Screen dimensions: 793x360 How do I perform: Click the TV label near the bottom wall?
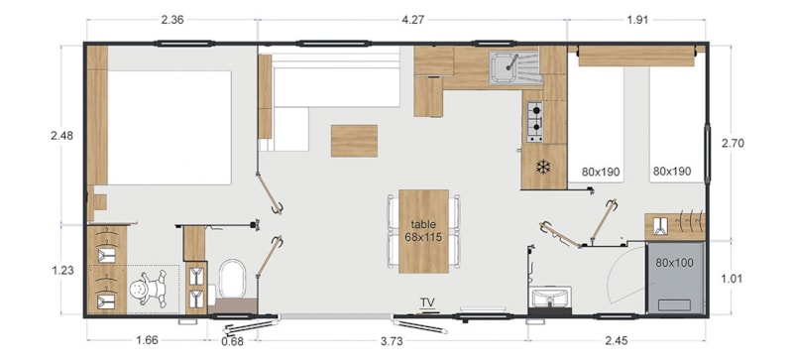tap(428, 302)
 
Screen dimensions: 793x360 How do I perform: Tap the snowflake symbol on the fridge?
tap(543, 167)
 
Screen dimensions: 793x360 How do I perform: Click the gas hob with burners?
tap(535, 122)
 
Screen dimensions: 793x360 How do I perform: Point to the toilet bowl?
tap(233, 279)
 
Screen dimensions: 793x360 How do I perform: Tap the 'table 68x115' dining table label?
tap(423, 230)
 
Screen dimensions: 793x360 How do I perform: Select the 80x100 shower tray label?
tap(675, 263)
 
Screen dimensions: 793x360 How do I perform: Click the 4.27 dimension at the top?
tap(412, 20)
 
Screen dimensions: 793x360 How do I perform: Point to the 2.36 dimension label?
tap(171, 20)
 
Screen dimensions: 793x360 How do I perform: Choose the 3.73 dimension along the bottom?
tap(392, 341)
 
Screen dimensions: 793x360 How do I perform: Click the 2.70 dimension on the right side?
tap(733, 143)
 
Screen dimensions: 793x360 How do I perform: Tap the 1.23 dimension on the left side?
tap(62, 271)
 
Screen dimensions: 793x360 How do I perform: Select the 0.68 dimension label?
tap(232, 341)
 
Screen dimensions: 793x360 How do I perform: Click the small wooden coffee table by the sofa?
tap(354, 141)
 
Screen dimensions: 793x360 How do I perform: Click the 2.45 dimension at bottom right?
tap(616, 341)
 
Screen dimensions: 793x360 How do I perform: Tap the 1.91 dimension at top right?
tap(637, 20)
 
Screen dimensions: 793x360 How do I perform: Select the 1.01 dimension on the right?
tap(733, 278)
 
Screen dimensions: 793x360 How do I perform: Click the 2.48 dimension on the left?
tap(62, 136)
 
